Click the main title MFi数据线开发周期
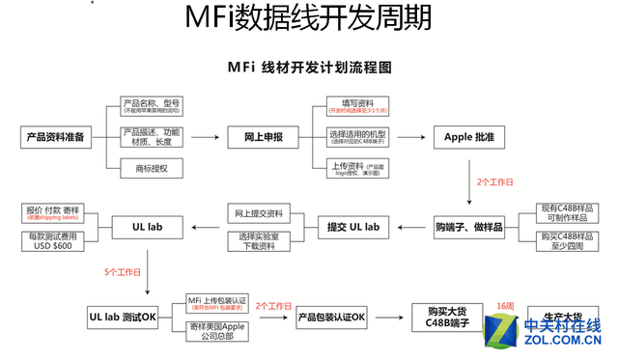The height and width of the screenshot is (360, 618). click(308, 19)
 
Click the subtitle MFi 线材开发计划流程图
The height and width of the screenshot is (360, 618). click(308, 69)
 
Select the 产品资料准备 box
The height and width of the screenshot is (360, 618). click(54, 137)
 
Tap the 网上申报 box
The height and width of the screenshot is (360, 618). click(259, 137)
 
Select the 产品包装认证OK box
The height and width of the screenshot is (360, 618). click(330, 317)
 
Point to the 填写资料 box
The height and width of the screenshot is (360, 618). click(355, 105)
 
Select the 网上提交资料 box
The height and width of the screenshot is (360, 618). click(259, 212)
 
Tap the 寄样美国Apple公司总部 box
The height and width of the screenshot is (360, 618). click(216, 333)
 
